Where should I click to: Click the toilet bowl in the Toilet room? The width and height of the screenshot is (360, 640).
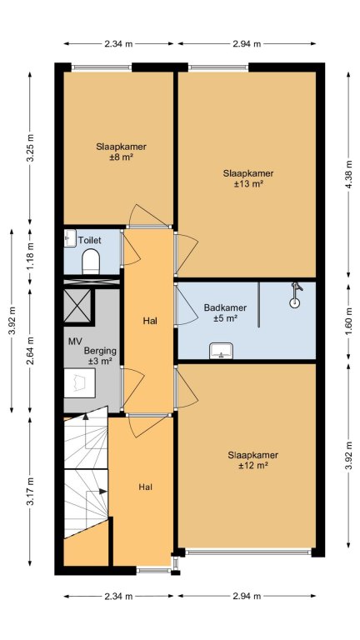91,262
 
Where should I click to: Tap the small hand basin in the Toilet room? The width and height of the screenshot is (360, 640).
70,238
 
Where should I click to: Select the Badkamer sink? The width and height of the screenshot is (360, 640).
221,351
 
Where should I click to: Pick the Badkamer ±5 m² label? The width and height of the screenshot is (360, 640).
225,313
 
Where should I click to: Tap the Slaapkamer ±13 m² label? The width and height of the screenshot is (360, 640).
248,179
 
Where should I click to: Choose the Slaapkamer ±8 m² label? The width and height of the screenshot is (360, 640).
122,152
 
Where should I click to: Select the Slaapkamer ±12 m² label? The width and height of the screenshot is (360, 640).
253,460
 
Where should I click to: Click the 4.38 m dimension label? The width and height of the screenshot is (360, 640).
348,174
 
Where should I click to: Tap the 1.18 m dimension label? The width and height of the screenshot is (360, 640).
30,257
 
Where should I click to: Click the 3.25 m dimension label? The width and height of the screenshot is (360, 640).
30,147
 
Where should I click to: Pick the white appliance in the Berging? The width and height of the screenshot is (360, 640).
80,382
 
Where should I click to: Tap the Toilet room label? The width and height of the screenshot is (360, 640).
90,240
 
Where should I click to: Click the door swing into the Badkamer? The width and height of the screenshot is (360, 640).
186,305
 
